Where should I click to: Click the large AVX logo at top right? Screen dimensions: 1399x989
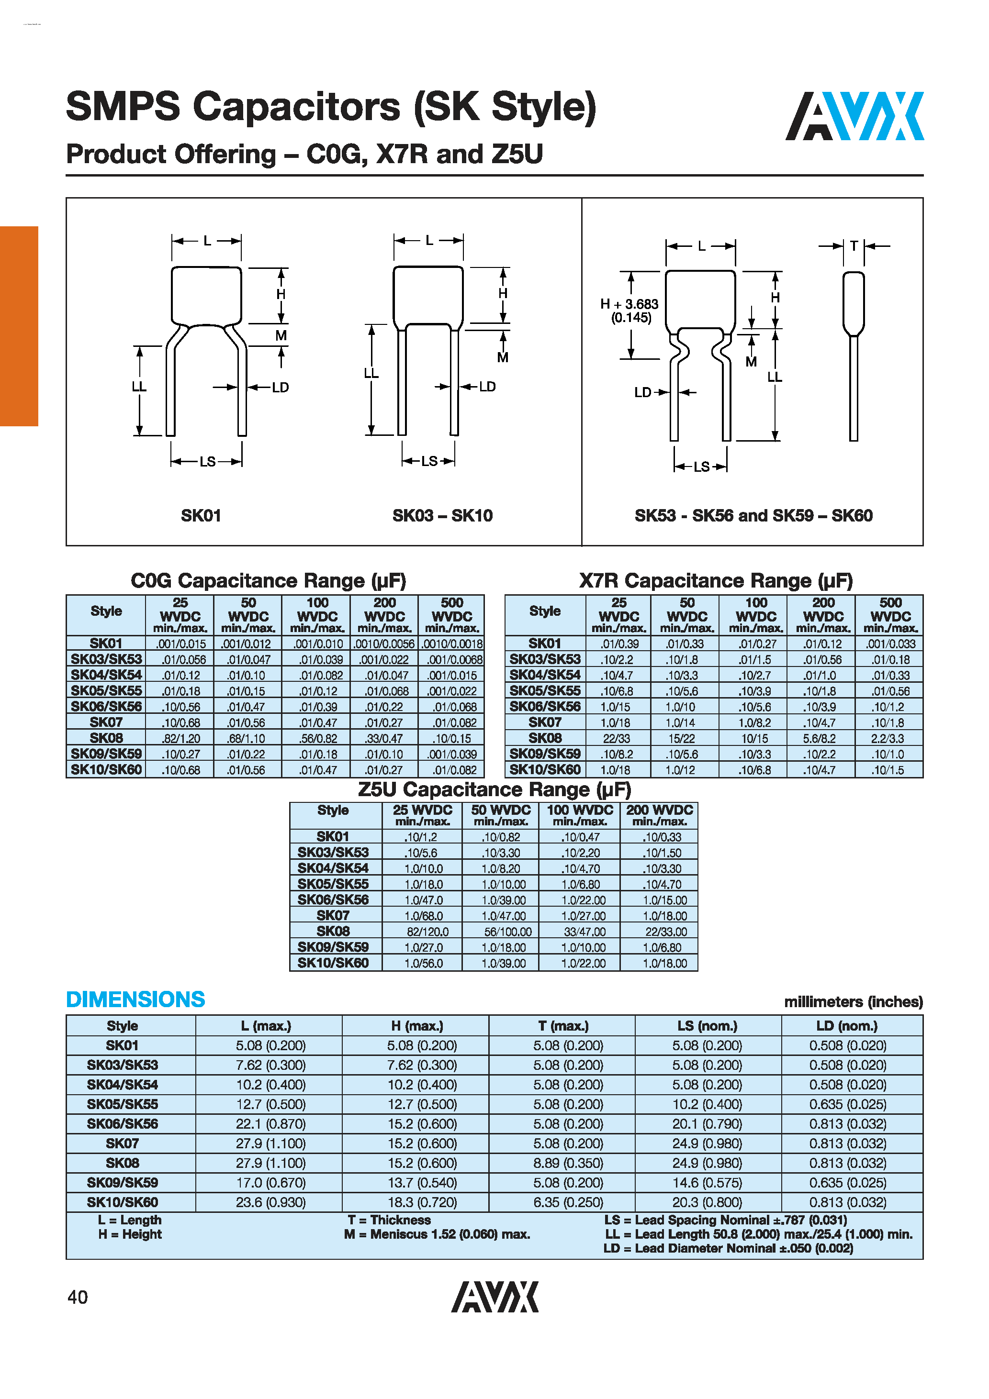[x=854, y=116]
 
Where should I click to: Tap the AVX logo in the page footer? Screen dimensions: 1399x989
[x=494, y=1296]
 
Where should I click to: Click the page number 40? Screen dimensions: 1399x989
[x=78, y=1297]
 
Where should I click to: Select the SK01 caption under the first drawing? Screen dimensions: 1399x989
[x=201, y=515]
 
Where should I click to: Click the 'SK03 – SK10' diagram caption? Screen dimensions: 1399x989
[x=442, y=515]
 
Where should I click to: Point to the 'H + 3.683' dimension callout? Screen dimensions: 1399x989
[x=629, y=304]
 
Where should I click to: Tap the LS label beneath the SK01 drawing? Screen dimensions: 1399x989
[x=207, y=461]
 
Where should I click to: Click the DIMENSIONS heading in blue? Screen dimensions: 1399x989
[x=135, y=999]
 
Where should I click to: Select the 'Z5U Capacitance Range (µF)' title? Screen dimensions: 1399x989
[x=494, y=789]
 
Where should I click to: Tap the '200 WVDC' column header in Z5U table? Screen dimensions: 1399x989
[x=659, y=810]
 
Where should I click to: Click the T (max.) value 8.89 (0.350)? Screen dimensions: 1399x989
[x=568, y=1163]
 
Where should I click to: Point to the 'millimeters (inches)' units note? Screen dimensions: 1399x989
[x=853, y=1002]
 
